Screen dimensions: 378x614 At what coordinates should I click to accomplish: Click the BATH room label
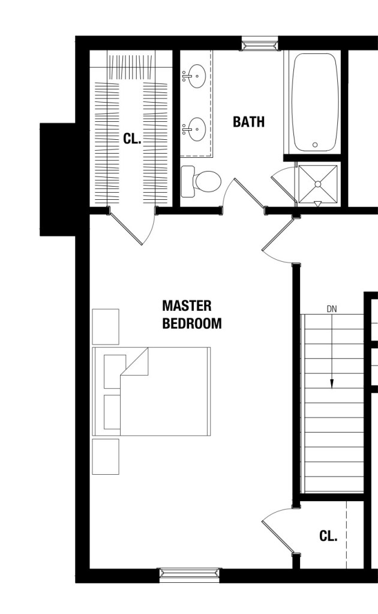(248, 122)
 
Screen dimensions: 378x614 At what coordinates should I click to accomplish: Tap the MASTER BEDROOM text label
(192, 315)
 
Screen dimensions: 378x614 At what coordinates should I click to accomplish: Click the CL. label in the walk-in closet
(132, 139)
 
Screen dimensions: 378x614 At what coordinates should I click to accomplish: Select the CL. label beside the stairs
(328, 536)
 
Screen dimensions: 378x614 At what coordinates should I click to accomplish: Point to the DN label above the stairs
(332, 309)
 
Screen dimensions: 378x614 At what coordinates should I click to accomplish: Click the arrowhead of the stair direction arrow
(332, 384)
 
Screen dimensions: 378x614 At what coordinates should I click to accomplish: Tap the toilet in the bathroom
(201, 181)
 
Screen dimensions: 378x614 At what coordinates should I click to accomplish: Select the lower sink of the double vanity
(194, 129)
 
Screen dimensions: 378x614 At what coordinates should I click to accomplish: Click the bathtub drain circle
(315, 145)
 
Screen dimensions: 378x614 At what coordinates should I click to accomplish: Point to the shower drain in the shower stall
(318, 184)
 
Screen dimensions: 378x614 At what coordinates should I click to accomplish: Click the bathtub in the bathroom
(315, 103)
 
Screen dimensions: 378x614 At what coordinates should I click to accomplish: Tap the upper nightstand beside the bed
(106, 327)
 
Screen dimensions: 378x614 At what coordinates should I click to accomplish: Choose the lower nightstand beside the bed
(106, 457)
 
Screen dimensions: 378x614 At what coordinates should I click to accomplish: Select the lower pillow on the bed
(112, 412)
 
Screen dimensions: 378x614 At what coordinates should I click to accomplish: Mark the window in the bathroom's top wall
(259, 44)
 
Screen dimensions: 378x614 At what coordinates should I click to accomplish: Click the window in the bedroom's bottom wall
(190, 574)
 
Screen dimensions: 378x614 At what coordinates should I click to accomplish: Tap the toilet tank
(187, 181)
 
